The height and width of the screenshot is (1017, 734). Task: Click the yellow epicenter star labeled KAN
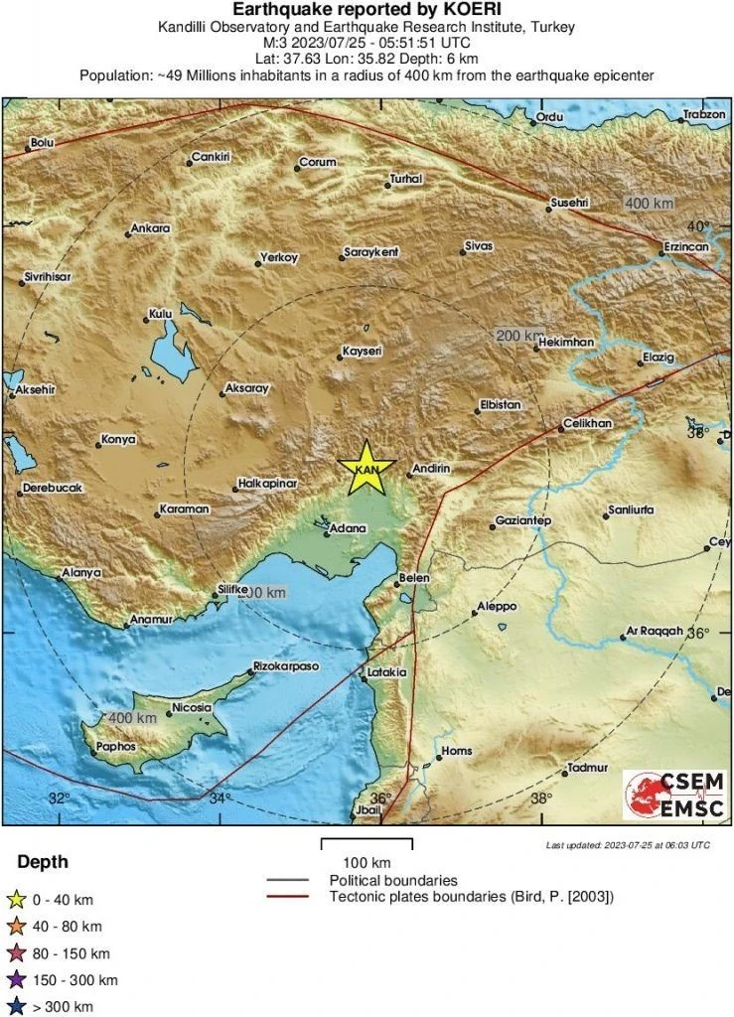[x=367, y=467]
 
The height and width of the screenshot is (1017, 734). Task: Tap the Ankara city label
[x=151, y=228]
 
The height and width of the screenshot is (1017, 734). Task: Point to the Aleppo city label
[x=497, y=606]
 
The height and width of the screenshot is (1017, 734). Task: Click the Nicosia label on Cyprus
[x=192, y=708]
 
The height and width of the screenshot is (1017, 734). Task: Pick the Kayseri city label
[x=362, y=352]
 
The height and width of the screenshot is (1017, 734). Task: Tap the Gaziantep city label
[x=523, y=521]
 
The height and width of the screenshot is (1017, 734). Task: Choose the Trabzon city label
[x=706, y=116]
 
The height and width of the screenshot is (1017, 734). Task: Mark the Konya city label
[x=118, y=440]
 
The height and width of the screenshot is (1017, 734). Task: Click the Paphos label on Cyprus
[x=115, y=746]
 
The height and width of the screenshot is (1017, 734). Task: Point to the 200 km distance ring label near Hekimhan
[x=520, y=337]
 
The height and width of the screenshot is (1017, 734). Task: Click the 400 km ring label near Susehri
[x=650, y=204]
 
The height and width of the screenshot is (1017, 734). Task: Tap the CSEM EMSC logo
[x=673, y=795]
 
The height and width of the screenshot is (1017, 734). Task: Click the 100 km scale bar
[x=366, y=844]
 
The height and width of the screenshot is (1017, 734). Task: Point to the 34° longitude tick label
[x=219, y=798]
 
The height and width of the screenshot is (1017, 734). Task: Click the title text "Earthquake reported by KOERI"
[x=367, y=11]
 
